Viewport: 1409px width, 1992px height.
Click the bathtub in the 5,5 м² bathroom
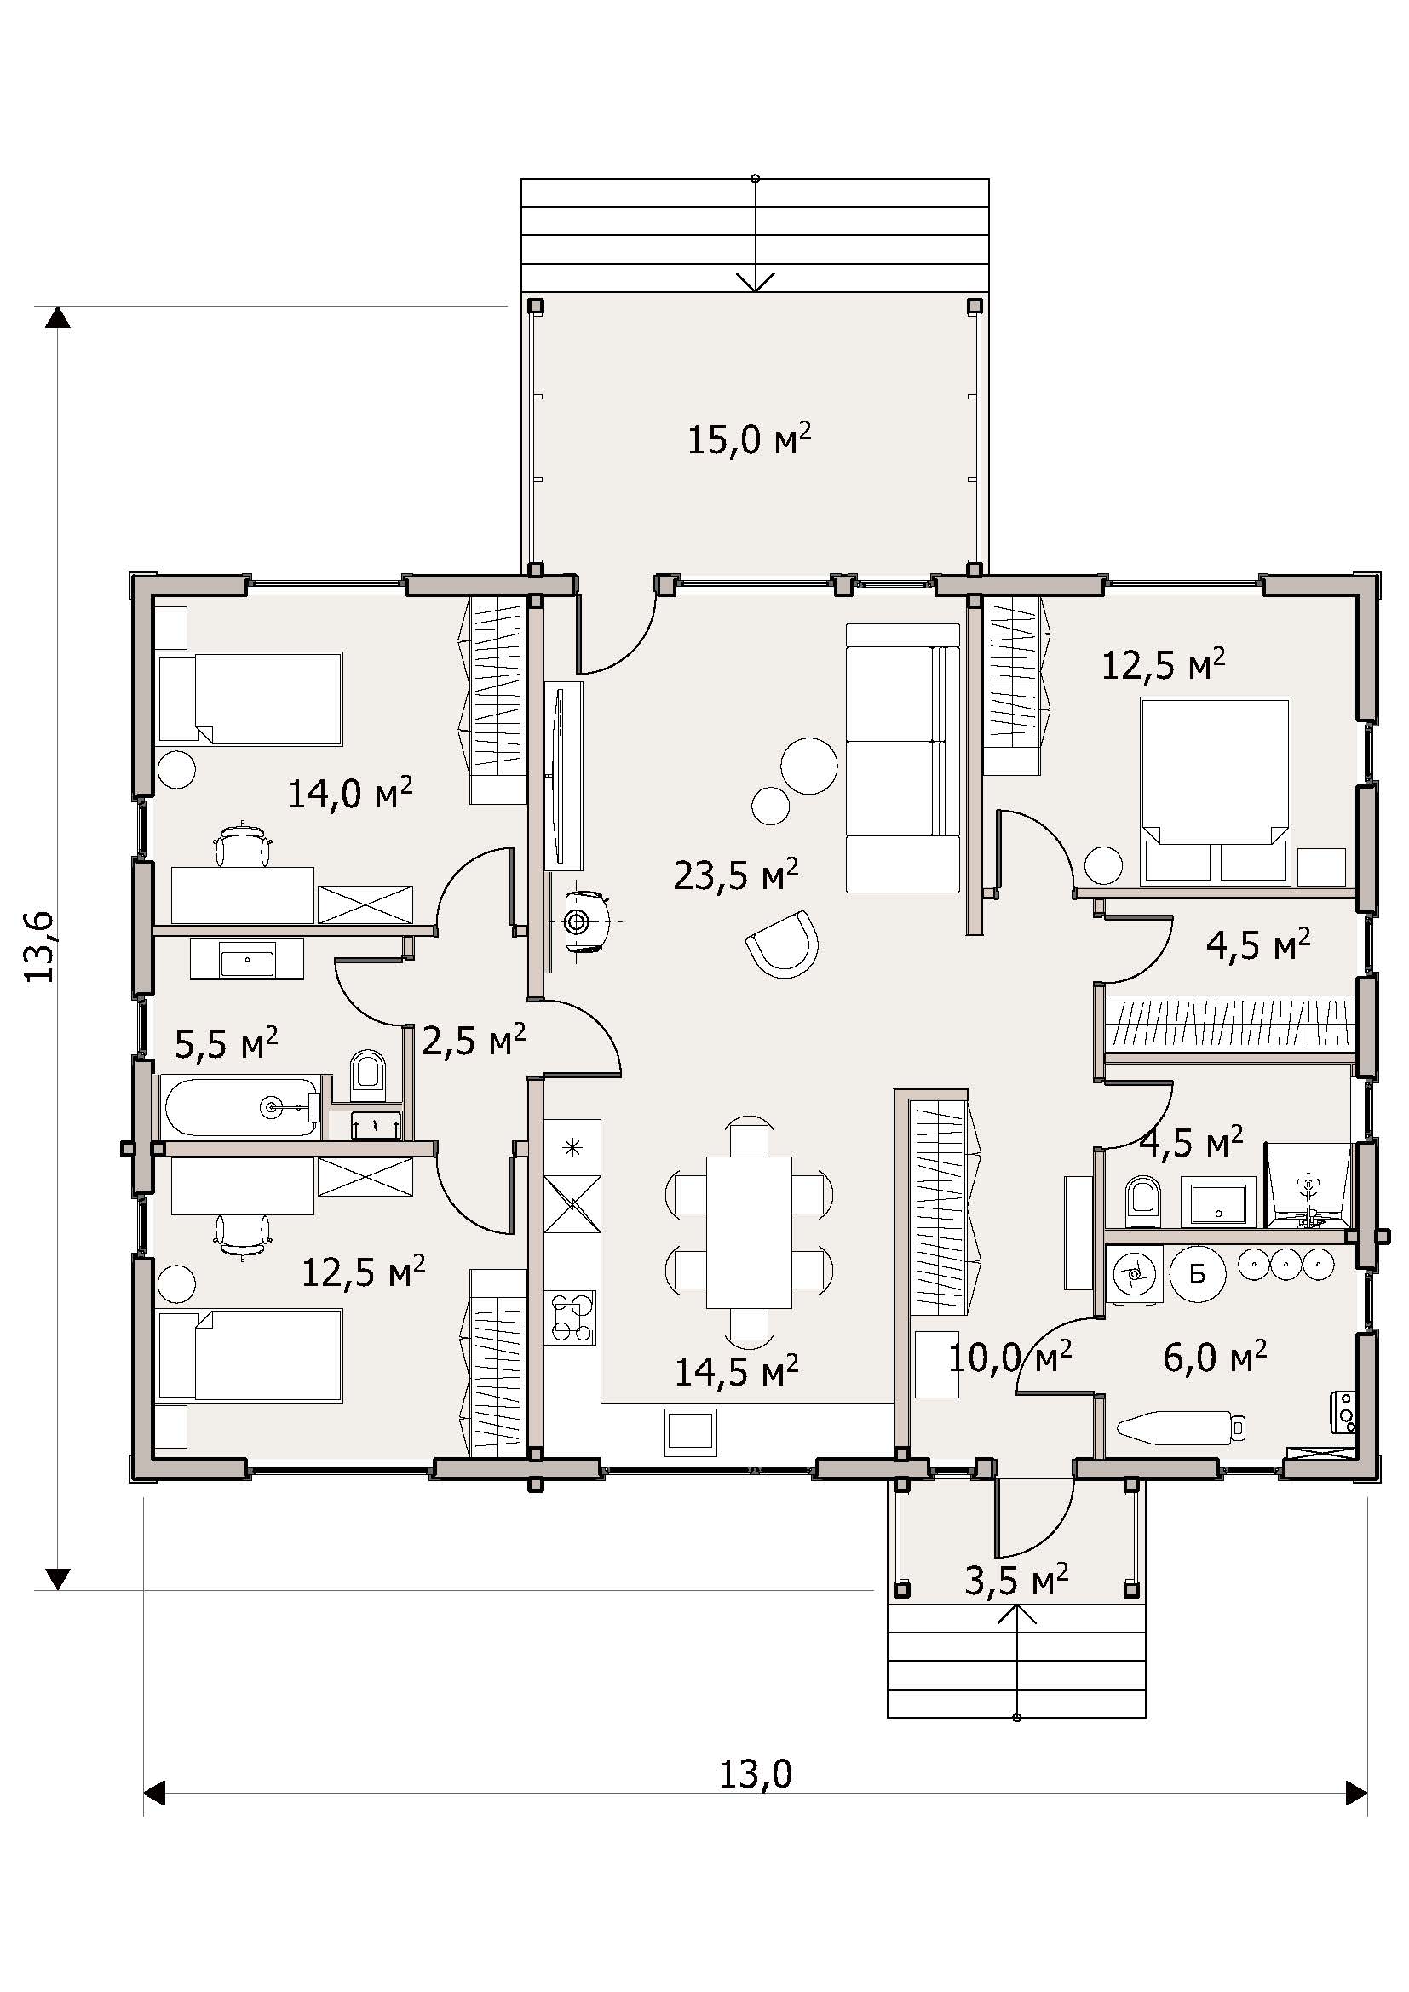[241, 1107]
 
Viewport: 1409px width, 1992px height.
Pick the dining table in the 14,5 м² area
[749, 1232]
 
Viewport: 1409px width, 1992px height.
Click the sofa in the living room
[902, 769]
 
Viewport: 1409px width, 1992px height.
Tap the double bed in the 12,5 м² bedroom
[1215, 790]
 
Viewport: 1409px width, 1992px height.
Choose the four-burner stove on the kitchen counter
[572, 1317]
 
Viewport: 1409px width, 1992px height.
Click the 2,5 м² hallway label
[474, 1038]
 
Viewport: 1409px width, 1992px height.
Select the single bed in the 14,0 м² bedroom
[250, 698]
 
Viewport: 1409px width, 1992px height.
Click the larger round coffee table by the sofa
[808, 764]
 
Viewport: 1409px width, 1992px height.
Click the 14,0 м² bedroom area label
[349, 792]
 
